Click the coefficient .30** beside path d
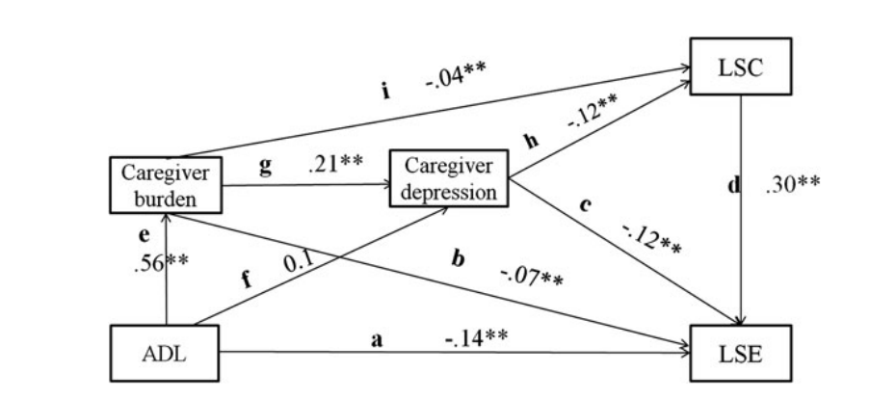(x=791, y=184)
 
